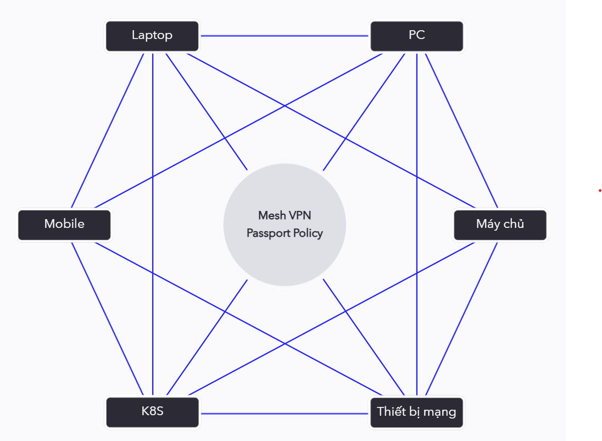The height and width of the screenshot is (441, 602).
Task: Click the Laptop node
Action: click(152, 36)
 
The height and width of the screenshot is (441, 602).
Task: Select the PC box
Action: click(417, 36)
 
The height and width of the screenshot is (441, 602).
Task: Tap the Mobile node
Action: click(64, 225)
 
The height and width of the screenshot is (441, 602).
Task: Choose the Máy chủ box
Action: click(500, 225)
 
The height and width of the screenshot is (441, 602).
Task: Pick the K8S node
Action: click(152, 411)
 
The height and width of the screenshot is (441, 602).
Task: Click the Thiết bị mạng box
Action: click(417, 411)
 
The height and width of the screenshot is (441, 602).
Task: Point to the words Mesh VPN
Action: click(285, 215)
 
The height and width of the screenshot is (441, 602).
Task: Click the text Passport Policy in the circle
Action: click(285, 233)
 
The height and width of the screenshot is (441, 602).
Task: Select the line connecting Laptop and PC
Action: click(285, 36)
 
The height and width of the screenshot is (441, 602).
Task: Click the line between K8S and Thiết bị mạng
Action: click(285, 413)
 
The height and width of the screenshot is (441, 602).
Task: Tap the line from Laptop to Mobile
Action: click(108, 130)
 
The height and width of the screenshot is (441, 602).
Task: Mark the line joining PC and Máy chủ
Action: click(461, 130)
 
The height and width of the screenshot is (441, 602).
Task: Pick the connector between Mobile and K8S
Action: click(108, 319)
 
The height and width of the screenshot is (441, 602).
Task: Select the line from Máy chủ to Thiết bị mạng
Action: click(461, 319)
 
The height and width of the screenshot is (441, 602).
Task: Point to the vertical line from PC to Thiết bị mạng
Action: click(417, 165)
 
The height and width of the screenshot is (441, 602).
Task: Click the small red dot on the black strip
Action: click(600, 191)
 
